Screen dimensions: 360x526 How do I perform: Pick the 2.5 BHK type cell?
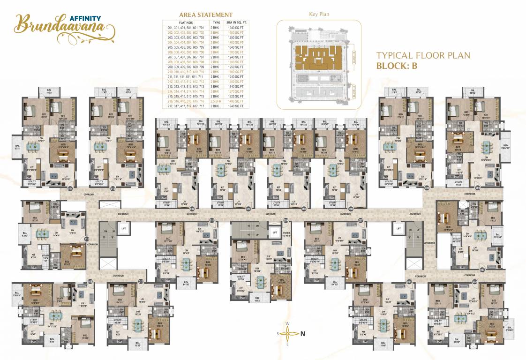coord(216,101)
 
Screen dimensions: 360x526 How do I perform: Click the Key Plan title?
coord(319,15)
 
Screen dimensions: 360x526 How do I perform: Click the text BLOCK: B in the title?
coord(397,66)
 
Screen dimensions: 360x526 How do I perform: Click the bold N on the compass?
coord(303,334)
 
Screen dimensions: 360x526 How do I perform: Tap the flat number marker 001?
coord(409,281)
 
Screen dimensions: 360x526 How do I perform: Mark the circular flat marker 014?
coord(70,188)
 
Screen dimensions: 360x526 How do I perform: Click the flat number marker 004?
coord(477,187)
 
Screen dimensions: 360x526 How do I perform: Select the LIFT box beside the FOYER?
coord(274,232)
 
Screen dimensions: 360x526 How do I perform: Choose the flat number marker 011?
coord(212,220)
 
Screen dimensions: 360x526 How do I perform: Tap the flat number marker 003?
coord(482,270)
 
